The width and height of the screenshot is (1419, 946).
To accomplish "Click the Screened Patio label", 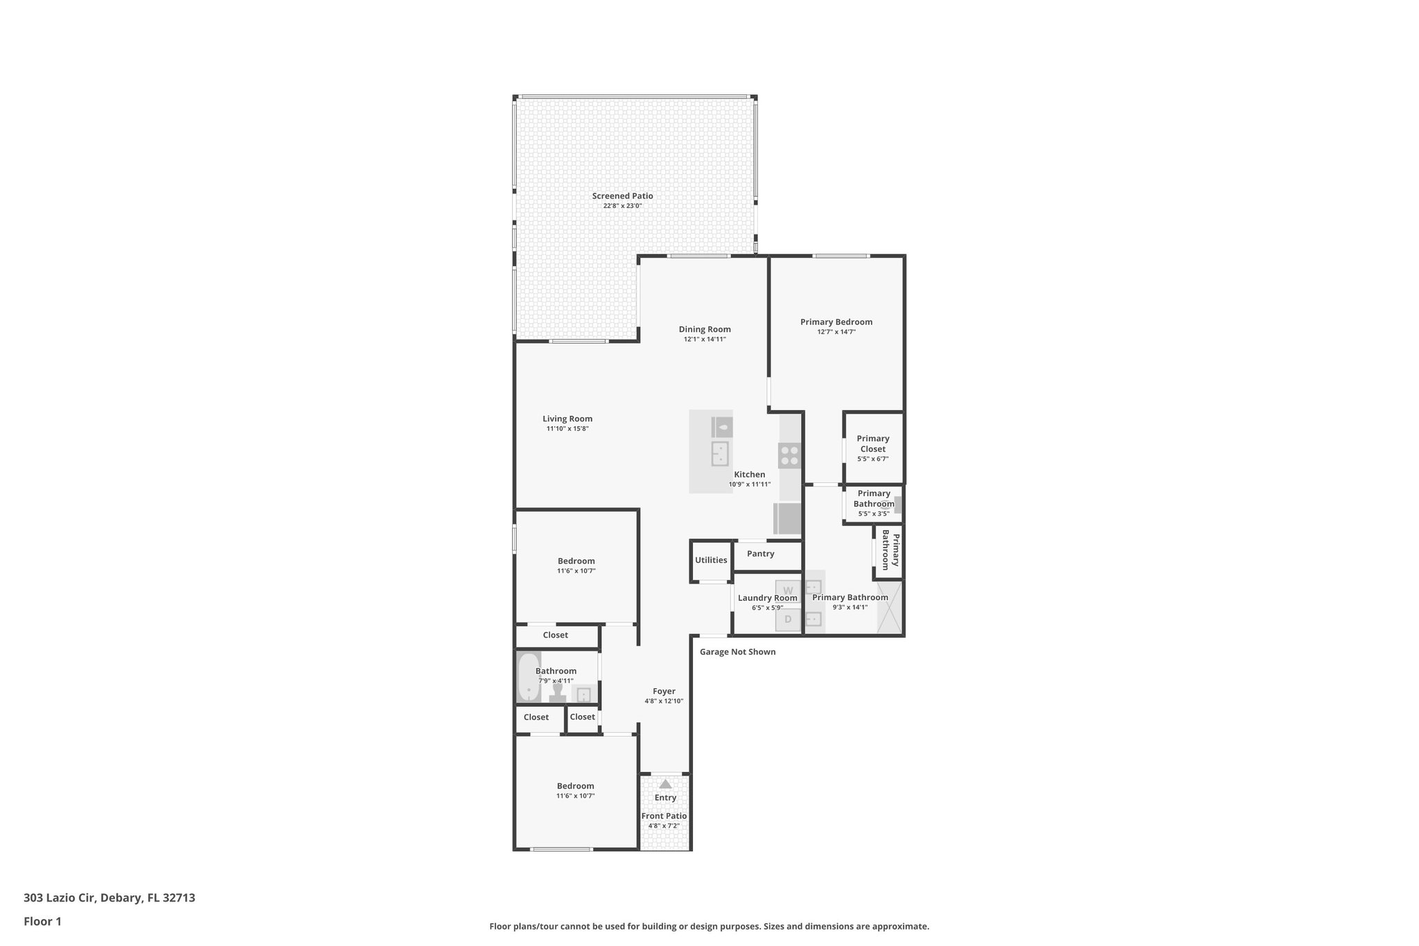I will (622, 196).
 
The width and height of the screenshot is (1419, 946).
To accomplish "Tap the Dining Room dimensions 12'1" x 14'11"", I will (705, 340).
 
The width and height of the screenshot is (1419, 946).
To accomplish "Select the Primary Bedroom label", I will (836, 322).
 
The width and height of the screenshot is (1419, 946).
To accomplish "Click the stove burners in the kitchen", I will (790, 455).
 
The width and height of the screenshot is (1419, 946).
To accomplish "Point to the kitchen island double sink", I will (720, 453).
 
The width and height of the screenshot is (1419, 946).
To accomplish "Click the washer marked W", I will (788, 590).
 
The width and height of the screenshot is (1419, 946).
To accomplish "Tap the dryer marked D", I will (788, 619).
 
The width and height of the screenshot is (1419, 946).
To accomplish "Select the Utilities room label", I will (711, 560).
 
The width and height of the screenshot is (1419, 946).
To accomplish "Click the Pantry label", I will (760, 554).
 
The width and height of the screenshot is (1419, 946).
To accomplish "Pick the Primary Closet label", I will (872, 444).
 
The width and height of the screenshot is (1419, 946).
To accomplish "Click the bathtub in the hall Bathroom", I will (529, 677).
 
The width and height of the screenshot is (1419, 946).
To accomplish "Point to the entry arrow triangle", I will (665, 784).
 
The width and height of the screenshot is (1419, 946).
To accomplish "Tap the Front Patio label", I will (664, 816).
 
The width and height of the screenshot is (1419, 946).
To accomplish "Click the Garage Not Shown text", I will (737, 651).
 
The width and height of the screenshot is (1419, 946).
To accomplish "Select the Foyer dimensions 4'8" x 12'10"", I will (664, 701).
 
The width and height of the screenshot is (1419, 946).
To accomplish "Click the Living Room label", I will (567, 419).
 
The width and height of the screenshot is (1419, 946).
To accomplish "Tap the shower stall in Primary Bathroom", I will (890, 608).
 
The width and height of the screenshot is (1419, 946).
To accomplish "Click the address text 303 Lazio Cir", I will (109, 897).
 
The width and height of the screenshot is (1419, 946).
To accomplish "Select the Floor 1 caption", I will (42, 921).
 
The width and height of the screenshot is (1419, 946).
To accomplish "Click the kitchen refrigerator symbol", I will (788, 519).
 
